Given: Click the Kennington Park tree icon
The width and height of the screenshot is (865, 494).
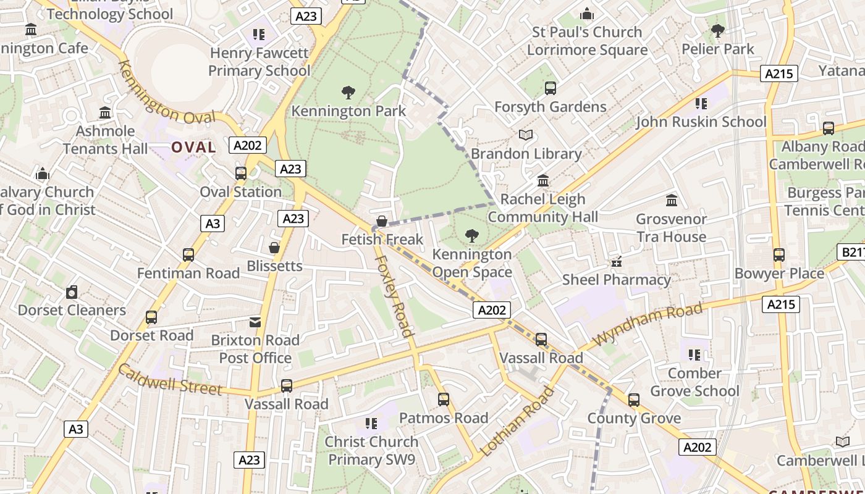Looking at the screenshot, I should [348, 93].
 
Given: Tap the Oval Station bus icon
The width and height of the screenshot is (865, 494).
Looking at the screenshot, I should [241, 174].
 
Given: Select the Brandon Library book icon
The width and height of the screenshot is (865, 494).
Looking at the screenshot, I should [526, 135].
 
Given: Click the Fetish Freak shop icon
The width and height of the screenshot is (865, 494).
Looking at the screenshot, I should [382, 221].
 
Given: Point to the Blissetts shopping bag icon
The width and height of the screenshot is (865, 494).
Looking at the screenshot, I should [274, 248].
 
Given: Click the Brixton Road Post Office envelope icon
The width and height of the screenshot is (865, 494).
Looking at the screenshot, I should [255, 322].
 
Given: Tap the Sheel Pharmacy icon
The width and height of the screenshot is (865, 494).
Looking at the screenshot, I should [616, 262].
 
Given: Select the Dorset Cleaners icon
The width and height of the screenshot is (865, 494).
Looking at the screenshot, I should [72, 292].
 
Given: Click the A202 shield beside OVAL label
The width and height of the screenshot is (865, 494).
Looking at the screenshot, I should [248, 146].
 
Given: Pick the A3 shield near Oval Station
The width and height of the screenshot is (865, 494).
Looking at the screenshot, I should [213, 224].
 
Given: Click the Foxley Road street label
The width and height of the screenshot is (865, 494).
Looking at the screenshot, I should [393, 296].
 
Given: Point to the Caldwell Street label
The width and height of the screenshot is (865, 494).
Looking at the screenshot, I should [169, 380].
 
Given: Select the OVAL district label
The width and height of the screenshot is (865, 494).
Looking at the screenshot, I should [193, 147].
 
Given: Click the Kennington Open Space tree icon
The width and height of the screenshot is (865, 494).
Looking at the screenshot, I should [472, 235].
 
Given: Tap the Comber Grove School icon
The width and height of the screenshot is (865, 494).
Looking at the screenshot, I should [694, 355].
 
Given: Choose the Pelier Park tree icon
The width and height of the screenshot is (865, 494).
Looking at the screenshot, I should [718, 30].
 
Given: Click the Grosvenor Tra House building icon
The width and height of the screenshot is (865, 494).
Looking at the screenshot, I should [672, 201].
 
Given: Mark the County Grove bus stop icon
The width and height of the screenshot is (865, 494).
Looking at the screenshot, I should [634, 400].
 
